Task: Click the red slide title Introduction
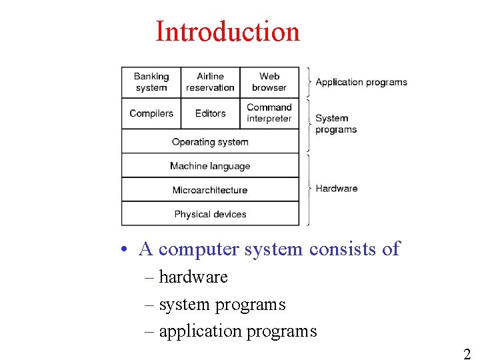[x=227, y=31]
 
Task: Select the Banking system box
[x=151, y=82]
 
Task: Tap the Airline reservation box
[x=210, y=82]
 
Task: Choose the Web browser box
[x=269, y=82]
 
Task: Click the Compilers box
[x=151, y=113]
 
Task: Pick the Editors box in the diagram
[x=210, y=113]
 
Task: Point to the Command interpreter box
[x=269, y=113]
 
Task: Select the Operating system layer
[x=210, y=142]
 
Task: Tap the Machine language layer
[x=210, y=166]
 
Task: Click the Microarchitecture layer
[x=210, y=190]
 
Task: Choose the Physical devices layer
[x=210, y=214]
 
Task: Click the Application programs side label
[x=361, y=83]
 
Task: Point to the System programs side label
[x=336, y=124]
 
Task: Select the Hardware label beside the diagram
[x=337, y=189]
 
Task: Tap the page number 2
[x=467, y=354]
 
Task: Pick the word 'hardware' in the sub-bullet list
[x=193, y=277]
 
